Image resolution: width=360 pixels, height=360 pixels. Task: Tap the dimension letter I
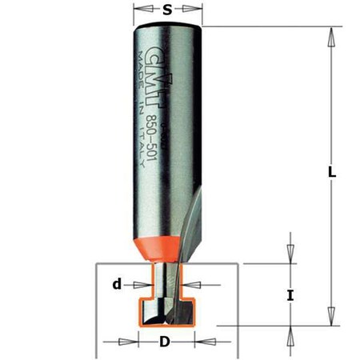[x=291, y=295]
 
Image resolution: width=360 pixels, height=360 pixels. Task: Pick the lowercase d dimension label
[x=117, y=282]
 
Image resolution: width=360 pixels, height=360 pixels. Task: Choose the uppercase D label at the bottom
[x=165, y=342]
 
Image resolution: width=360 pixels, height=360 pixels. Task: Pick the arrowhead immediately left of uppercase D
[x=128, y=342]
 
